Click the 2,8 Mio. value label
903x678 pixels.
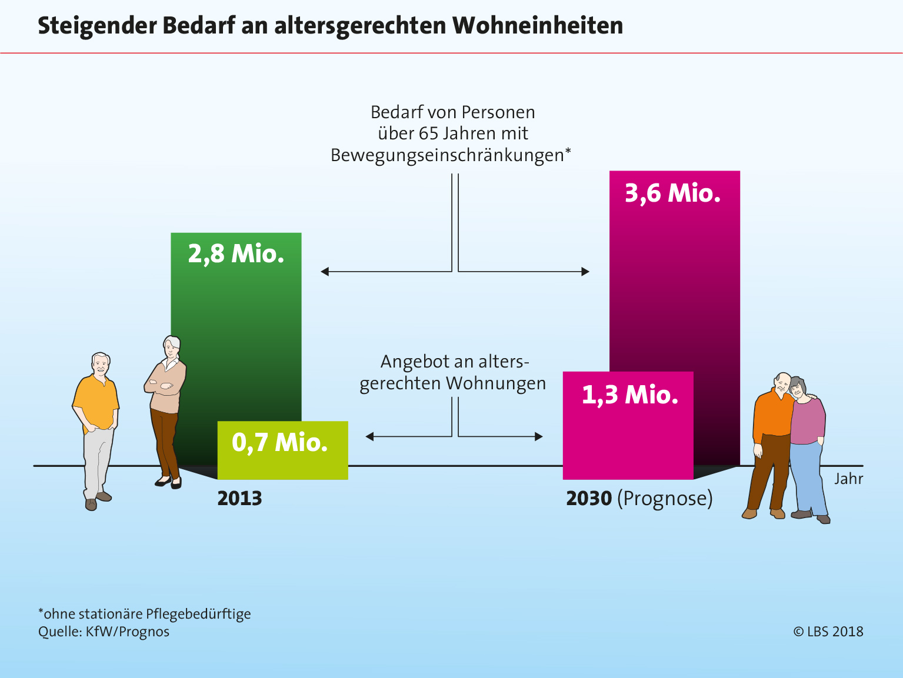click(236, 254)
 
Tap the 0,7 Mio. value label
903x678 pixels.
click(279, 442)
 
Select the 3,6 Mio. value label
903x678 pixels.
click(672, 193)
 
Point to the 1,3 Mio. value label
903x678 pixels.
click(629, 395)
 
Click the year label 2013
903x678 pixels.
click(239, 499)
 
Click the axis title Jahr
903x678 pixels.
click(848, 479)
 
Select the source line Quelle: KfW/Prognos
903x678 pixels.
click(104, 632)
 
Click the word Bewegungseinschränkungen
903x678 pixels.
click(447, 155)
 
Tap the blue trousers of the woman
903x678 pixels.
click(808, 476)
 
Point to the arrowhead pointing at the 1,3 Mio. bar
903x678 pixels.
click(538, 436)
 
